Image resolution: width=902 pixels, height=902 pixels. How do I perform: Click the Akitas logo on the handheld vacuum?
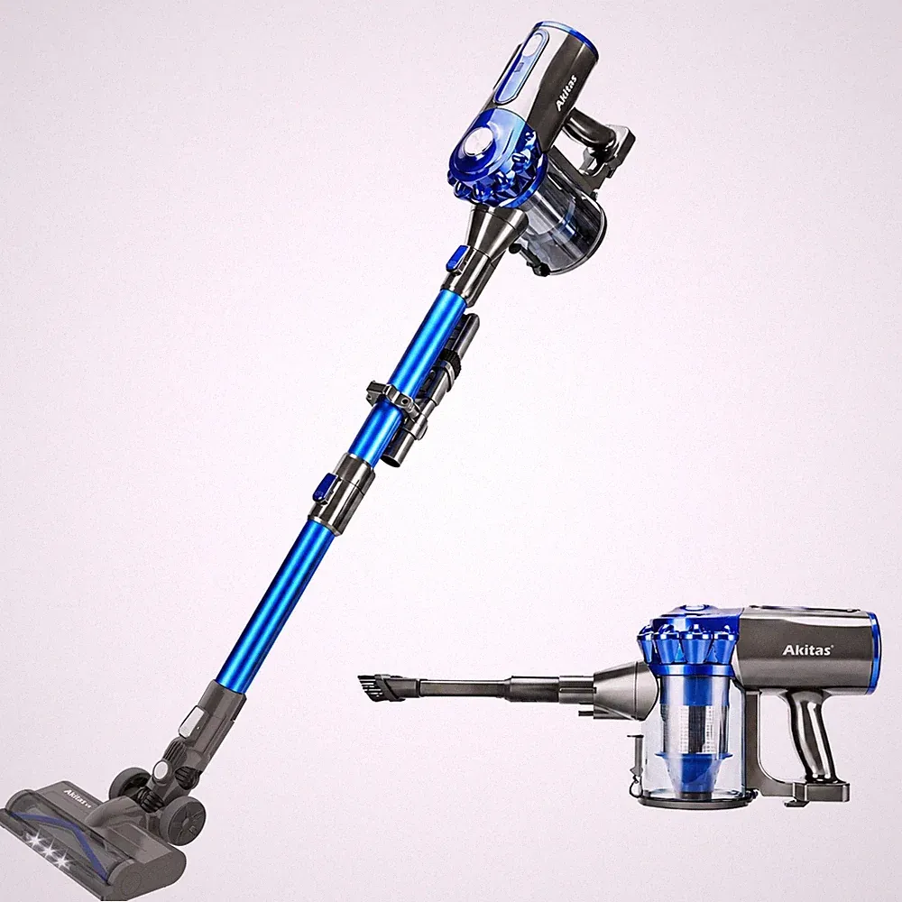tap(807, 650)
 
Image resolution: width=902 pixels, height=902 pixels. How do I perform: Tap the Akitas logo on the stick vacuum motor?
tap(566, 92)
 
